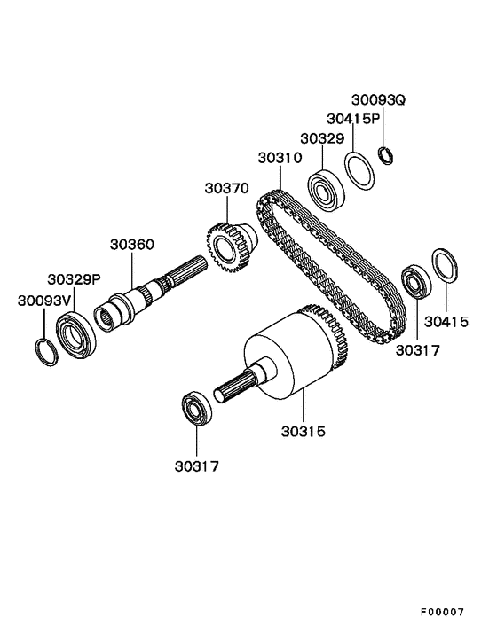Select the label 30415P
[353, 118]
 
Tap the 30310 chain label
[280, 158]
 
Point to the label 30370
[227, 188]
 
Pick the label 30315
[304, 432]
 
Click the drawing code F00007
[443, 612]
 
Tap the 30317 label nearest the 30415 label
[417, 349]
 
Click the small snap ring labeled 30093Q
[385, 156]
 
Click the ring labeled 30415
[445, 266]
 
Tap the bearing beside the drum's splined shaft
[194, 410]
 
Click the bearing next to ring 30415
[414, 281]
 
